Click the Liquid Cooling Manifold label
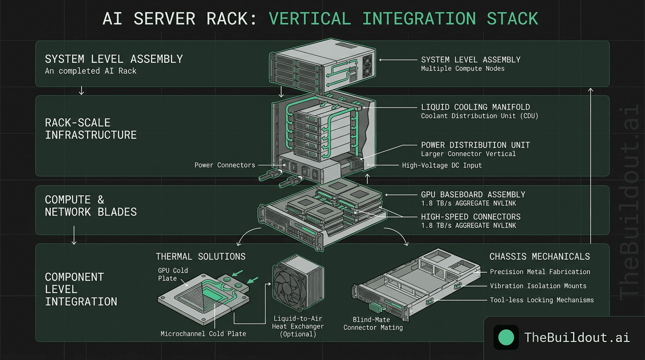click(x=475, y=107)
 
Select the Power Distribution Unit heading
click(x=476, y=145)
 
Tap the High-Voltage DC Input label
click(x=442, y=165)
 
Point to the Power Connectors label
click(x=225, y=165)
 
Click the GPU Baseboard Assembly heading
click(x=473, y=194)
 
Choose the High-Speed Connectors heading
click(x=471, y=217)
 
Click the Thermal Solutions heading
click(x=201, y=256)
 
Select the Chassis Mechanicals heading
click(x=540, y=256)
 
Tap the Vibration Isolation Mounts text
click(x=538, y=285)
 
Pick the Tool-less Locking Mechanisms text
click(x=542, y=300)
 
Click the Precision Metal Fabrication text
click(x=540, y=271)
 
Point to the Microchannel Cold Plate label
click(x=203, y=334)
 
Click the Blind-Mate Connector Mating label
click(x=373, y=323)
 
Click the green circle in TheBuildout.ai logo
click(x=506, y=337)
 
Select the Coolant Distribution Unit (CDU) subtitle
click(x=480, y=116)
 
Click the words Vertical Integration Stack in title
click(x=404, y=19)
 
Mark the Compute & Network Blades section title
click(x=91, y=206)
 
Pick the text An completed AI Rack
click(x=90, y=71)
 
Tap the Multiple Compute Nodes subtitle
click(x=463, y=68)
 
